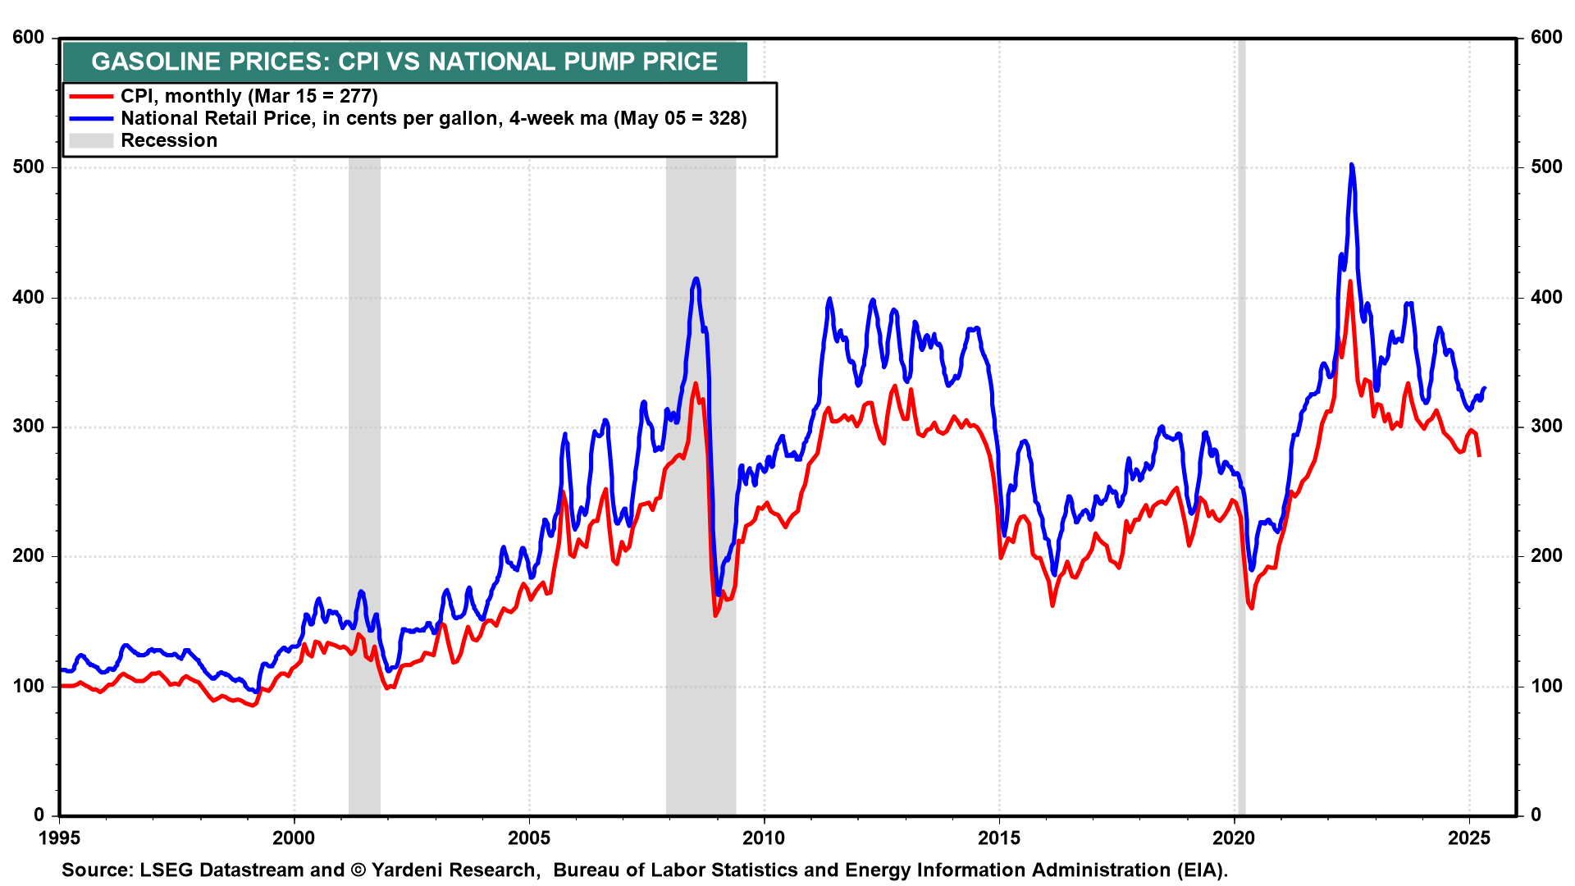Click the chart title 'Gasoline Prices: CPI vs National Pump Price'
point(404,62)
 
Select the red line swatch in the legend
point(91,97)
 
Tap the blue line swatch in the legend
point(91,119)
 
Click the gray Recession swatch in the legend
point(91,141)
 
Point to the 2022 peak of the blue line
point(1351,166)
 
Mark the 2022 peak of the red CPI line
point(1350,282)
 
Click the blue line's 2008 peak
point(696,279)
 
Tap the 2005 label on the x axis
point(529,838)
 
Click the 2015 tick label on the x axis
point(999,838)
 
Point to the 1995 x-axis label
point(59,838)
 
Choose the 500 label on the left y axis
point(29,167)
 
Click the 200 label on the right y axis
point(1546,556)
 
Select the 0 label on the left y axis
point(39,815)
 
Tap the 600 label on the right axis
point(1546,38)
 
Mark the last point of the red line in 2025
point(1479,455)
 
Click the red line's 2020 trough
point(1251,608)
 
